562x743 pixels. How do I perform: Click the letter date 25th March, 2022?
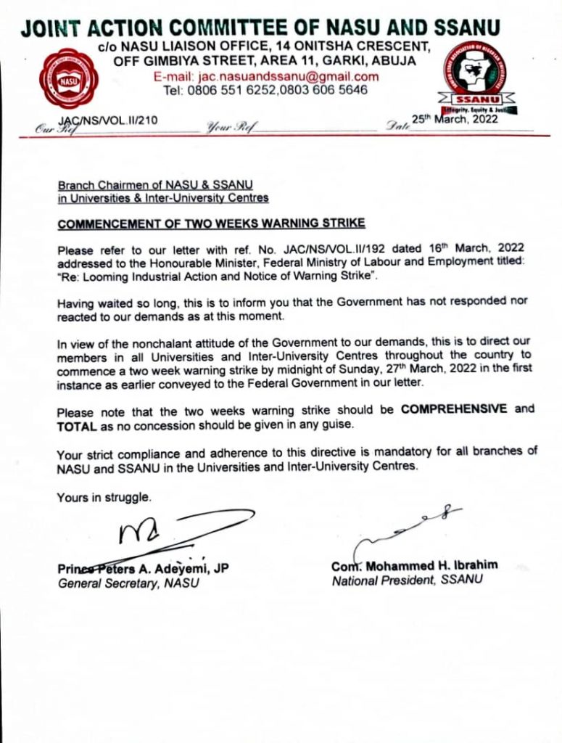[x=455, y=119]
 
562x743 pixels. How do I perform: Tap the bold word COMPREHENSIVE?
[x=455, y=409]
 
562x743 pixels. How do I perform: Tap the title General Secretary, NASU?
[x=123, y=582]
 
